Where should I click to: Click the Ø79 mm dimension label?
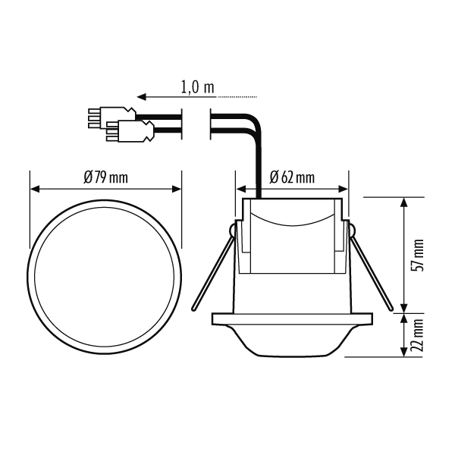tap(105, 177)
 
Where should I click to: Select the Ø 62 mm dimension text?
tap(292, 177)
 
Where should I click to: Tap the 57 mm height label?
tap(418, 256)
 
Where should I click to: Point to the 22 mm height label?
tap(418, 335)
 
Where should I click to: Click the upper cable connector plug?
tap(112, 118)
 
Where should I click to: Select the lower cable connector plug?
tap(130, 131)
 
